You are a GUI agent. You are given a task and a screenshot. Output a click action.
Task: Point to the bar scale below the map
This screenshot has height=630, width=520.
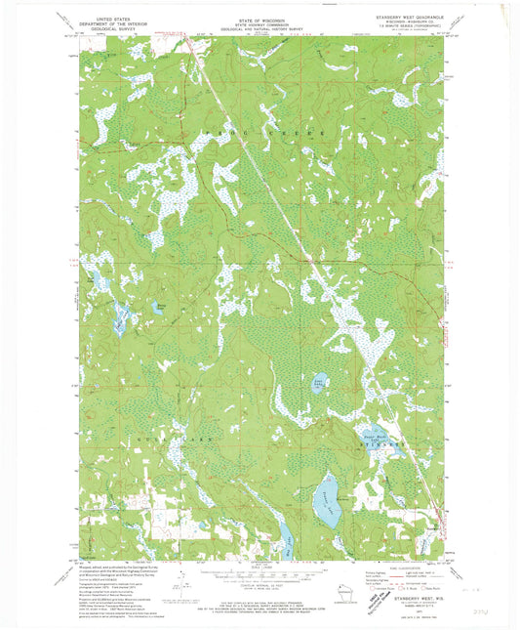[260, 576]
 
